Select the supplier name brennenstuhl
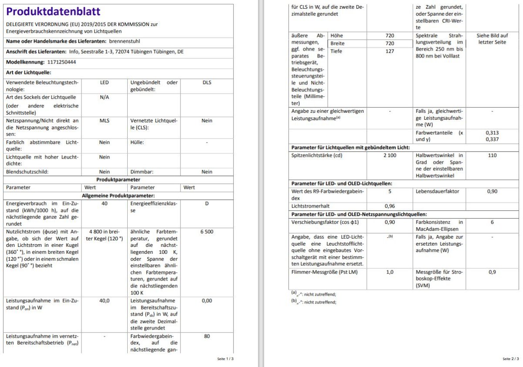point(125,41)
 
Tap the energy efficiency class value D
point(207,203)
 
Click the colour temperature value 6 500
point(207,232)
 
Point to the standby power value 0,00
point(207,300)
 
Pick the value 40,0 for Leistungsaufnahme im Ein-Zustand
point(104,300)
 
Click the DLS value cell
point(207,82)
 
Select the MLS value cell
point(104,121)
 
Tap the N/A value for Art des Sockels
point(104,97)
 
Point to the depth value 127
point(390,51)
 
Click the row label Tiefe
point(336,51)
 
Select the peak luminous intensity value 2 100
point(390,155)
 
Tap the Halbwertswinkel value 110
point(492,155)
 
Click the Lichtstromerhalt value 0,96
point(390,206)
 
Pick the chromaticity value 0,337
point(492,139)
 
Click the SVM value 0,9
point(492,272)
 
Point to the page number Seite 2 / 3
point(510,359)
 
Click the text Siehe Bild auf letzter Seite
point(492,39)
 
